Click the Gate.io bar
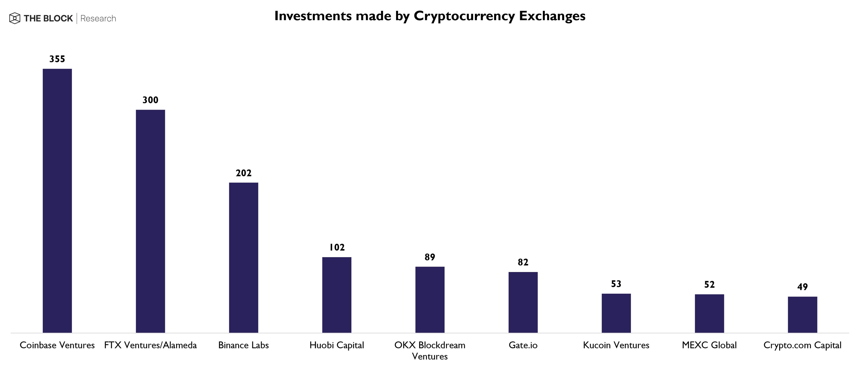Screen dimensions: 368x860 (x=523, y=302)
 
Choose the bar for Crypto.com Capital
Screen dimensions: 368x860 (x=802, y=314)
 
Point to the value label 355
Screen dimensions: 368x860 (x=57, y=59)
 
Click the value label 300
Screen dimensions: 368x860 (x=150, y=100)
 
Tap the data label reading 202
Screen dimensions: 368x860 (x=243, y=173)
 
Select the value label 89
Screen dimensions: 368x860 (x=430, y=257)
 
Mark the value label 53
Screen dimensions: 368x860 (x=616, y=284)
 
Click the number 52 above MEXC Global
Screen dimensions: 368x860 (x=709, y=284)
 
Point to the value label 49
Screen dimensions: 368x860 (x=802, y=287)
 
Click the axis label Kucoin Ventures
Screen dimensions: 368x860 (x=616, y=345)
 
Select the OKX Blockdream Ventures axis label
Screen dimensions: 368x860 (x=430, y=350)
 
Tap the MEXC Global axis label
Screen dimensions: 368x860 (x=709, y=345)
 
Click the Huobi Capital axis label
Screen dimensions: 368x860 (x=337, y=345)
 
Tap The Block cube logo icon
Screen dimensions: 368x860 (x=15, y=18)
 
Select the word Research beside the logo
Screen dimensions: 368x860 (x=98, y=18)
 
